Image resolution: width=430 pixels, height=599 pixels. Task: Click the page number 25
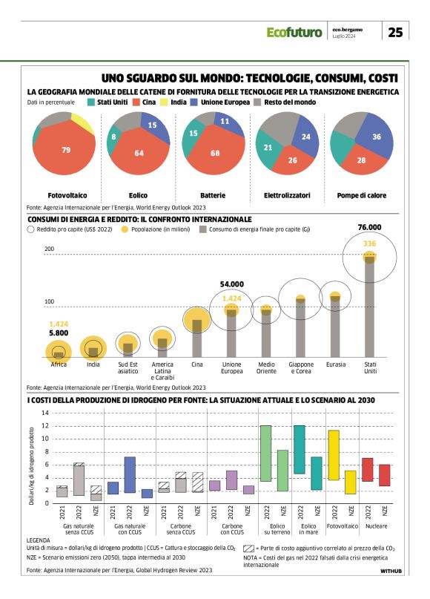396,32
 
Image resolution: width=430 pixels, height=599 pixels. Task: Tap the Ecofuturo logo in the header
294,32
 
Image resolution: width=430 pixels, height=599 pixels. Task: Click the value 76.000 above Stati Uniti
369,227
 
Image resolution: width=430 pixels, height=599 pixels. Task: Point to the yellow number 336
369,243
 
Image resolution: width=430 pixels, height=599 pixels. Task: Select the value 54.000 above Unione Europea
232,284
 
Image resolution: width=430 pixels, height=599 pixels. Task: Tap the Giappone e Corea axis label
301,367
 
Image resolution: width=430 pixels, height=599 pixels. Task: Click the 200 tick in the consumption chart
50,249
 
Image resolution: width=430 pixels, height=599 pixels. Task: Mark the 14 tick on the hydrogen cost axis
44,413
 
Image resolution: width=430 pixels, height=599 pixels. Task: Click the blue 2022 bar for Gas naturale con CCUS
130,474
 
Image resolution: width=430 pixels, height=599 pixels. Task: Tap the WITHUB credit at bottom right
392,572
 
